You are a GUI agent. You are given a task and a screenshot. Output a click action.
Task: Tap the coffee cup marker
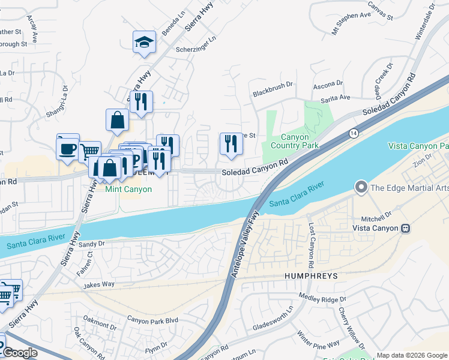point(68,147)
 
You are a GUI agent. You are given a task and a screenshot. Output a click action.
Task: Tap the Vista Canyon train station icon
point(406,228)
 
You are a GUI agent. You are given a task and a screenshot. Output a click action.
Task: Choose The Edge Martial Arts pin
point(361,187)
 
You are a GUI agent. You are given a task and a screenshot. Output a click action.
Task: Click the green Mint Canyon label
point(128,189)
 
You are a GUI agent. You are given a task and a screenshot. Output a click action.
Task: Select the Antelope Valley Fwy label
point(245,243)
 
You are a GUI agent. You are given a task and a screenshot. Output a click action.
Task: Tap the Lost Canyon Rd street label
point(312,246)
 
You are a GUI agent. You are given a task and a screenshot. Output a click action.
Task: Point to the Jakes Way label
point(99,284)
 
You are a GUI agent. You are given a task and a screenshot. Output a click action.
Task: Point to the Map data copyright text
point(411,355)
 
